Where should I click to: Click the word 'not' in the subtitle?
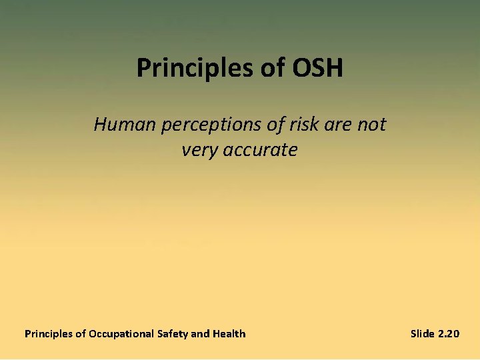pyautogui.click(x=371, y=124)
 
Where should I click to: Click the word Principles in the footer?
pyautogui.click(x=49, y=333)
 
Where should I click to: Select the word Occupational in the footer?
pyautogui.click(x=121, y=334)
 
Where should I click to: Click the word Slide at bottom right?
pyautogui.click(x=423, y=333)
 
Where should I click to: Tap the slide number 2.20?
pyautogui.click(x=449, y=333)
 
